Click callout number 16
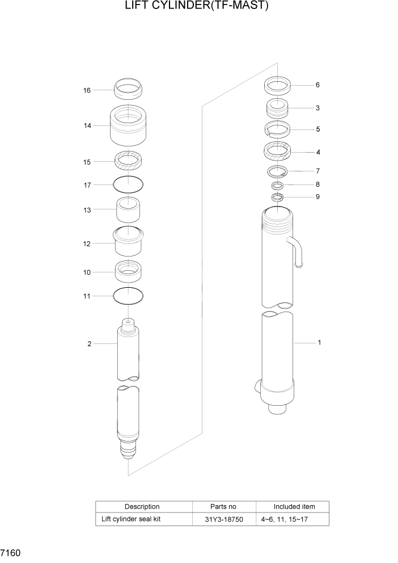87,90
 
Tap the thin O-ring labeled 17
129,184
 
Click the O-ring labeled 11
129,295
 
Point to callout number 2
89,344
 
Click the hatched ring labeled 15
129,161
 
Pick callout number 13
87,209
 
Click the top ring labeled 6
278,86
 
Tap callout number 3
317,108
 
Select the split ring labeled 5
278,129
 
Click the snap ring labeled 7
278,171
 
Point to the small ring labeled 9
277,198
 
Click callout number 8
317,184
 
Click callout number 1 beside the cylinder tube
320,342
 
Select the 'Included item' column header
294,506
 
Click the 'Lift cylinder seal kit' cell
131,519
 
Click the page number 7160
11,552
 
